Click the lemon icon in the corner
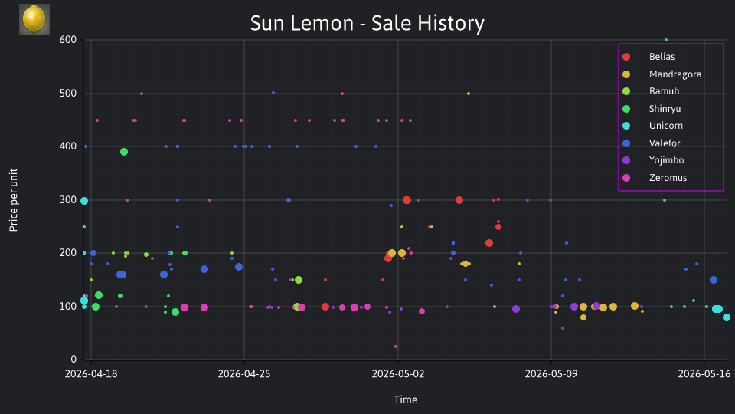pos(34,19)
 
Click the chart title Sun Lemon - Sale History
pos(367,23)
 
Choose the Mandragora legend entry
pos(661,74)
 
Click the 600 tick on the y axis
pos(68,40)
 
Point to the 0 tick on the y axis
pos(73,360)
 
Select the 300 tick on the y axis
pos(68,200)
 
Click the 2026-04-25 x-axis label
pos(243,374)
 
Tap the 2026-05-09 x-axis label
pos(550,374)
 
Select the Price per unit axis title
pos(14,200)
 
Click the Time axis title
pos(406,400)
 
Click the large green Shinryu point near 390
pos(124,152)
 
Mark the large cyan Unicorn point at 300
pos(84,201)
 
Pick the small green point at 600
pos(666,41)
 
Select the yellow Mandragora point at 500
pos(469,94)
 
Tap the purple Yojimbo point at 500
pos(273,94)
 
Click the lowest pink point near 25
pos(396,347)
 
